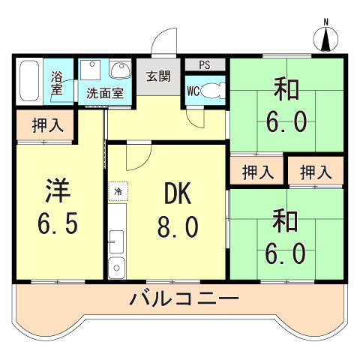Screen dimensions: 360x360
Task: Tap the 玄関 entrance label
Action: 158,76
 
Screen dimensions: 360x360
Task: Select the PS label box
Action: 203,64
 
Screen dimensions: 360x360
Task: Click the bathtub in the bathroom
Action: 31,80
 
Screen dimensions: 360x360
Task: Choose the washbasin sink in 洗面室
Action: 118,71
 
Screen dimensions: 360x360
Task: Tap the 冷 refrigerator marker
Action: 118,193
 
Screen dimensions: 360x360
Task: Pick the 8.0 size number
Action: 177,226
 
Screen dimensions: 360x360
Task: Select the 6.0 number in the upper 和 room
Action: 286,121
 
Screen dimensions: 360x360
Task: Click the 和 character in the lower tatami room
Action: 286,222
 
